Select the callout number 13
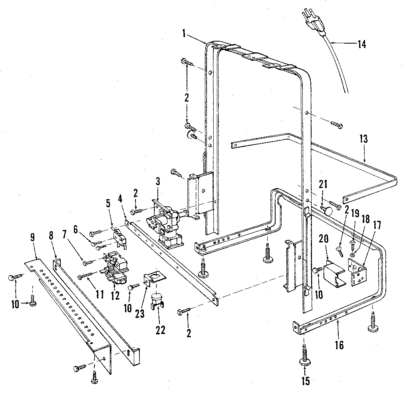pyautogui.click(x=364, y=140)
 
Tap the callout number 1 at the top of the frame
pyautogui.click(x=184, y=34)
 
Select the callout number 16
pyautogui.click(x=339, y=345)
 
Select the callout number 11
pyautogui.click(x=100, y=295)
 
